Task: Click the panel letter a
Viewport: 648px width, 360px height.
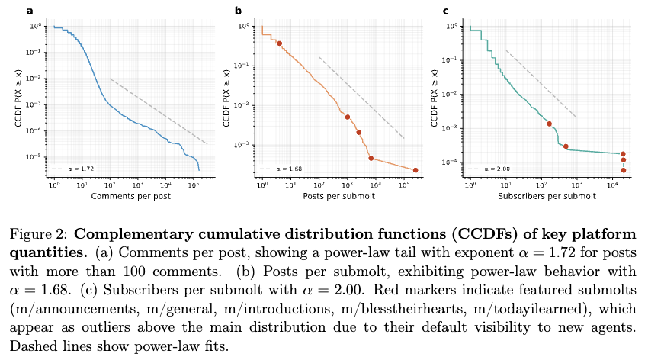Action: click(30, 11)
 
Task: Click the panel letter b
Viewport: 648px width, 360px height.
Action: click(239, 11)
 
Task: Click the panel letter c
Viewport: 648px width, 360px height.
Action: click(446, 11)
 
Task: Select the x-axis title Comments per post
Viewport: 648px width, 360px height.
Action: click(130, 197)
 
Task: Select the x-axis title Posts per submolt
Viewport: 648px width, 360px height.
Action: click(338, 197)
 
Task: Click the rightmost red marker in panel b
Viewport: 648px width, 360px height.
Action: click(415, 170)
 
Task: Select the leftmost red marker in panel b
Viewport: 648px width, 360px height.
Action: click(280, 43)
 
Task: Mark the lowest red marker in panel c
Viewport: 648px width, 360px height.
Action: click(623, 170)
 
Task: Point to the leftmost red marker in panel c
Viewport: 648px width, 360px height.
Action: click(550, 124)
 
